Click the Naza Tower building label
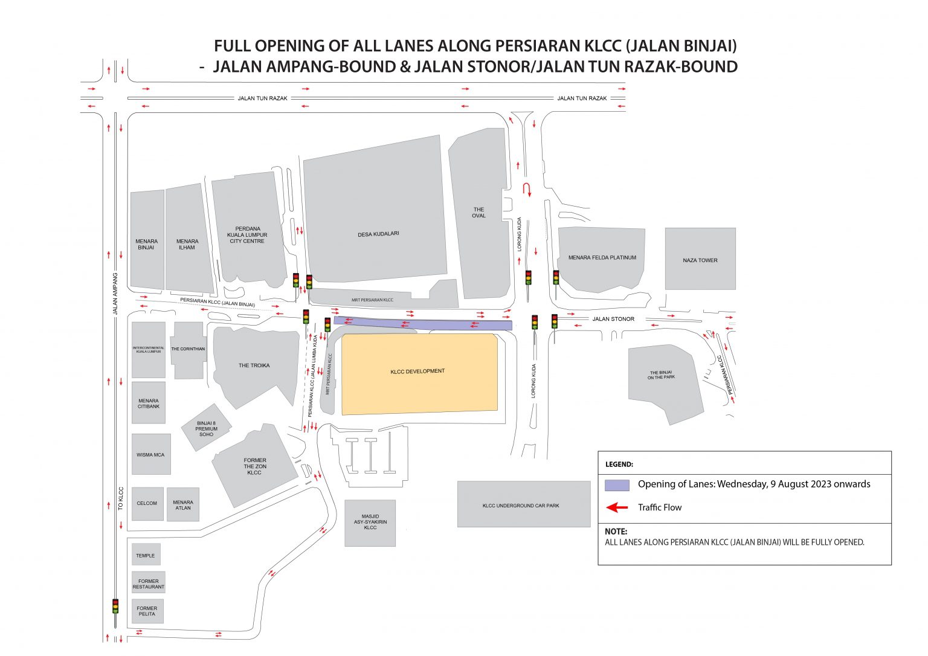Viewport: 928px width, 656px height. (x=700, y=260)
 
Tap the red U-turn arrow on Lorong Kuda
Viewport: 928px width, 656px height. (x=526, y=189)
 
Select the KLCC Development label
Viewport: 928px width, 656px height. (x=417, y=371)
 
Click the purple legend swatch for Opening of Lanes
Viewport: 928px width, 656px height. (x=617, y=485)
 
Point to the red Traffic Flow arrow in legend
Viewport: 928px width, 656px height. (x=617, y=507)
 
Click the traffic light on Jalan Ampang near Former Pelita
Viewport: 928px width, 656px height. (x=115, y=606)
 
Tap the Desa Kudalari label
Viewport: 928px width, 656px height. (x=378, y=234)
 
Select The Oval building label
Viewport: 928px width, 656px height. (x=478, y=213)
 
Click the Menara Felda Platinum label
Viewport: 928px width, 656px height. (x=602, y=257)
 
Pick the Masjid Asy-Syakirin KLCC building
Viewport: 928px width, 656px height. (x=370, y=523)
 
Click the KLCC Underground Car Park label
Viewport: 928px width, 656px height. (x=520, y=506)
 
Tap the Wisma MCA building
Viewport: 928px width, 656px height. (x=150, y=455)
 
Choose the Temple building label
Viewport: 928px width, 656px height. (x=145, y=556)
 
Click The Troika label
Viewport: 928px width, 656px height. (x=254, y=365)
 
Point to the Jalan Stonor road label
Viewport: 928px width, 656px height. (x=613, y=319)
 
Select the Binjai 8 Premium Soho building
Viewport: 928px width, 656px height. (x=206, y=428)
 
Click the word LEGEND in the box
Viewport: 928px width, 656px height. (x=619, y=465)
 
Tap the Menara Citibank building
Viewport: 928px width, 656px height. (x=149, y=404)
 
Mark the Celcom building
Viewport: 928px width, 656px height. (x=147, y=503)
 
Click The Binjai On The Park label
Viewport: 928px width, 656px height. (x=661, y=375)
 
